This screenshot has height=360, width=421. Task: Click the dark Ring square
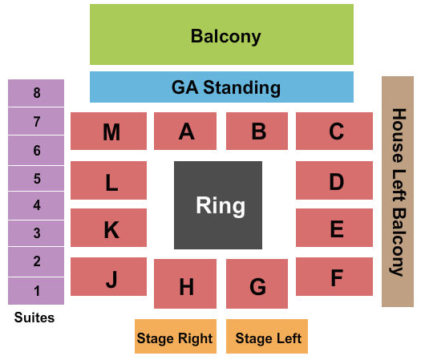point(218,205)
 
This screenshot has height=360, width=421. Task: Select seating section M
point(108,131)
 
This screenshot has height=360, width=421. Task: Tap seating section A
point(185,131)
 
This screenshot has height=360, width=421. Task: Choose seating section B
point(257,131)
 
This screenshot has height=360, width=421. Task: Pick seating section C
point(334,131)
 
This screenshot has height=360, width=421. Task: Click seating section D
point(334,180)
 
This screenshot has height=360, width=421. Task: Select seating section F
point(334,277)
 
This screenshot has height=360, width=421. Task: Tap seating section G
point(257,284)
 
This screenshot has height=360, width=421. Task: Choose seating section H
point(185,284)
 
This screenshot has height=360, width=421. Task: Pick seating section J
point(108,277)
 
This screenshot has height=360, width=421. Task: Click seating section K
point(108,228)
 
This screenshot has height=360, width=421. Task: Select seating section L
point(108,180)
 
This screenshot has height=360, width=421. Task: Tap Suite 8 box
point(36,93)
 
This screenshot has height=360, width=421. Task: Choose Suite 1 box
point(36,291)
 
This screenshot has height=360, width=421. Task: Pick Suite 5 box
point(36,179)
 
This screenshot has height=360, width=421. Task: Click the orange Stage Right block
point(176,336)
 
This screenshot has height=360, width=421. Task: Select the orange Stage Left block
point(267,336)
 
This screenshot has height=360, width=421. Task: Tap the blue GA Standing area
point(221,87)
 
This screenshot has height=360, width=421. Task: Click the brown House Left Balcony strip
point(398,192)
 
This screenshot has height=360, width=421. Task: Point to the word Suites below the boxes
point(34,318)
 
